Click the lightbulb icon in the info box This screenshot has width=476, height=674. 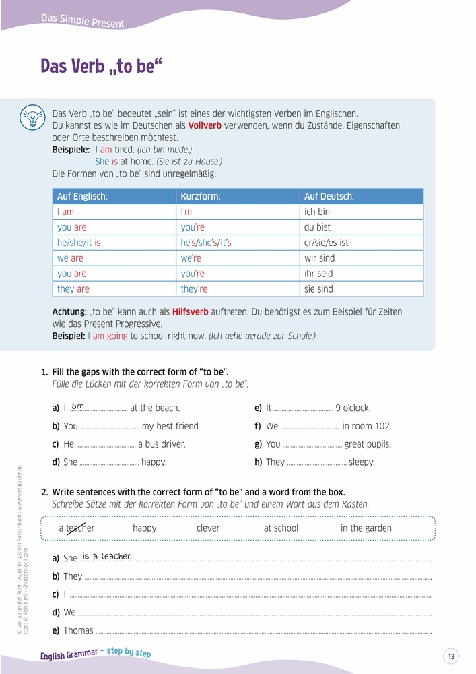32,116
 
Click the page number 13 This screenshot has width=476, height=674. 451,656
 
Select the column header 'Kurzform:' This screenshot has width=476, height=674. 201,196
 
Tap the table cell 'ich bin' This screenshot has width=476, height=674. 317,212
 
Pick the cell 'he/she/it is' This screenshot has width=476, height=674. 79,243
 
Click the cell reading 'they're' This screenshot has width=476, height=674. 194,289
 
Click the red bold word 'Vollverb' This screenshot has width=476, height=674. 205,125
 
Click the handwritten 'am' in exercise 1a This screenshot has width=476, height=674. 77,406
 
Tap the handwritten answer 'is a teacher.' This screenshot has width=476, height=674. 106,556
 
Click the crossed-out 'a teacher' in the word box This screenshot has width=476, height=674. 77,528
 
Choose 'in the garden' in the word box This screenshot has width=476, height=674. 366,528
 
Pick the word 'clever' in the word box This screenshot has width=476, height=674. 208,528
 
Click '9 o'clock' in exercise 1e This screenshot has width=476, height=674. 353,408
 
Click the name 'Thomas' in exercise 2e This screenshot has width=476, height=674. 78,631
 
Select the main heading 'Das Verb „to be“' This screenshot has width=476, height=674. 101,67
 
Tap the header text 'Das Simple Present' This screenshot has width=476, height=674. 82,21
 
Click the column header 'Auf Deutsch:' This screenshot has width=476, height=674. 329,196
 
